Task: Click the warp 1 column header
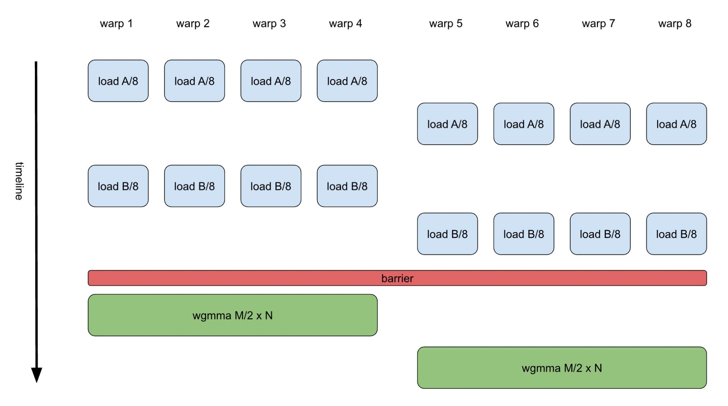[x=116, y=24]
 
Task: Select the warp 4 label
[x=345, y=24]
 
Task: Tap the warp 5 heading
[x=445, y=24]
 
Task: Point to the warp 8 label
[x=675, y=24]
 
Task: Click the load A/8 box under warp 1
[x=118, y=81]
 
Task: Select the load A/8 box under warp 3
[x=271, y=81]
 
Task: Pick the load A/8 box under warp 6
[x=523, y=124]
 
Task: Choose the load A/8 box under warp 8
[x=676, y=124]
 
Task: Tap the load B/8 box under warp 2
[x=194, y=186]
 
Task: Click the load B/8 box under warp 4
[x=347, y=186]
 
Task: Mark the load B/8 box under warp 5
[x=447, y=234]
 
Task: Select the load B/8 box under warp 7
[x=600, y=234]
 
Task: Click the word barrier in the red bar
[x=397, y=278]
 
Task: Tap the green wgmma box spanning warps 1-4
[x=233, y=315]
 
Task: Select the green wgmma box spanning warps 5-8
[x=562, y=368]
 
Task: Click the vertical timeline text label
[x=19, y=181]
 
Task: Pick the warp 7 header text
[x=598, y=24]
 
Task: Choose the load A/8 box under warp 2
[x=194, y=81]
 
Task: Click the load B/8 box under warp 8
[x=676, y=234]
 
